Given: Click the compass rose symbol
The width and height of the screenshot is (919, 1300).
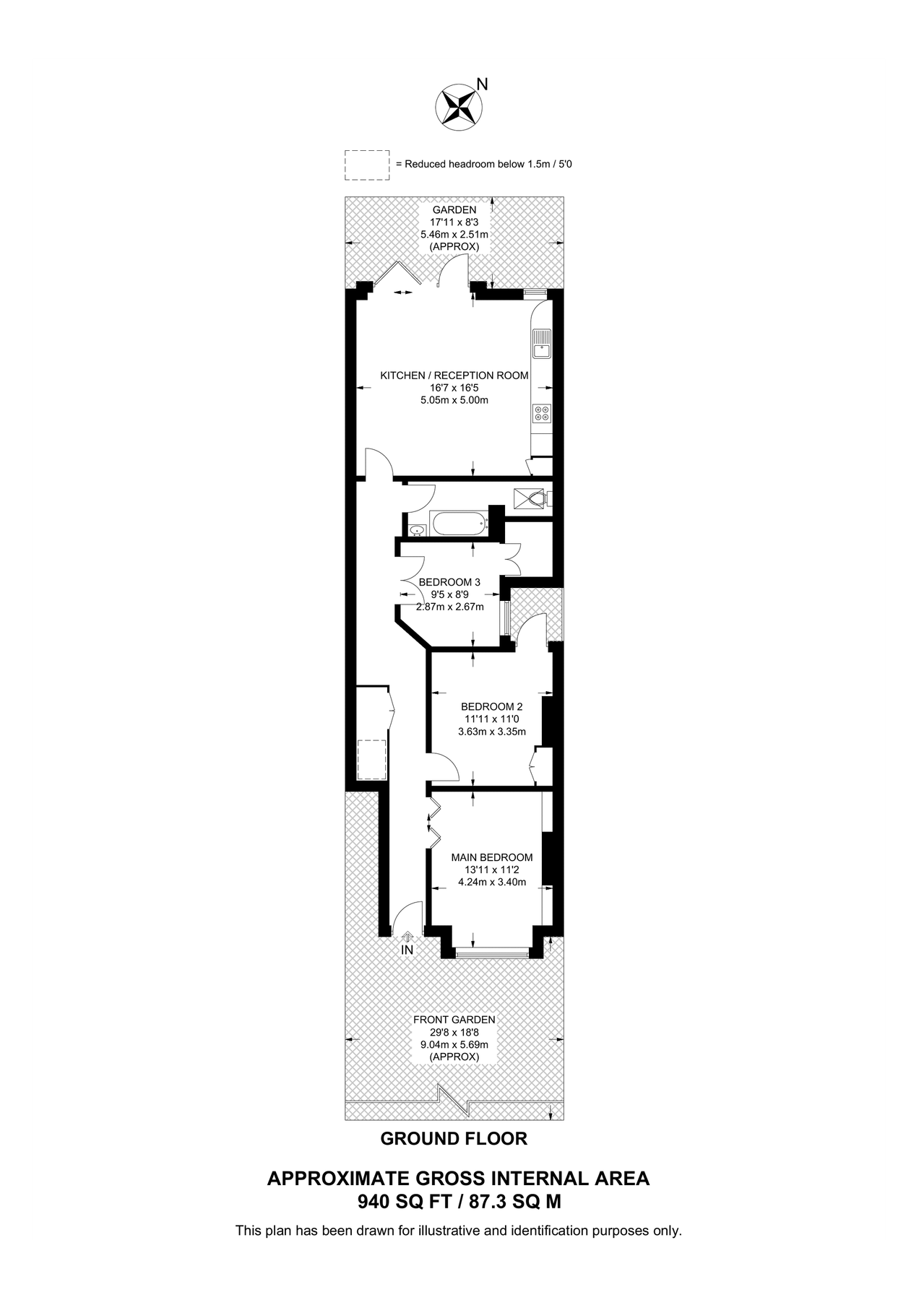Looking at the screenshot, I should coord(458,107).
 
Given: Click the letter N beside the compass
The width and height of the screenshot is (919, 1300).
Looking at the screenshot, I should coord(483,84).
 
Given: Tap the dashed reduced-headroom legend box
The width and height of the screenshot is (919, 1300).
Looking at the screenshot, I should coord(367,165).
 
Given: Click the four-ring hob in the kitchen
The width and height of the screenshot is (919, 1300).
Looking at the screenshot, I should coord(541,413).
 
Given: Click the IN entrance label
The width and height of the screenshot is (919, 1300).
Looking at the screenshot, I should coord(407,950).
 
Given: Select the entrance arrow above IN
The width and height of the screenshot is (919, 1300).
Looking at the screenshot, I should coord(407,936).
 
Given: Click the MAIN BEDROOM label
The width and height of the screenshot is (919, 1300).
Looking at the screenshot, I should coord(492,857).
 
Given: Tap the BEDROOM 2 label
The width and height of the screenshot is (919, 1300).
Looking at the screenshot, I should coord(491,706).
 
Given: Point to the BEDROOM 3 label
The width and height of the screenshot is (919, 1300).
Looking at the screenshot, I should coord(449,582).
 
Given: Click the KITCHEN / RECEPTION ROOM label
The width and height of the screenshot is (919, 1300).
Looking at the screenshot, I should coord(454,376).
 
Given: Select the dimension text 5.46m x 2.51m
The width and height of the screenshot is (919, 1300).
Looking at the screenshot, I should coord(454,235).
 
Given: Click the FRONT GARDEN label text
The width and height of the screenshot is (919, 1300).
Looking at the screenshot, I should coord(454,1020).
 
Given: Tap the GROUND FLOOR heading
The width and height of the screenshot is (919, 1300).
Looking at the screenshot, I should coord(454,1138).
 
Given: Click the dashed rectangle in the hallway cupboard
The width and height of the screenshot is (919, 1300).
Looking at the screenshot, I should coord(372,758).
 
